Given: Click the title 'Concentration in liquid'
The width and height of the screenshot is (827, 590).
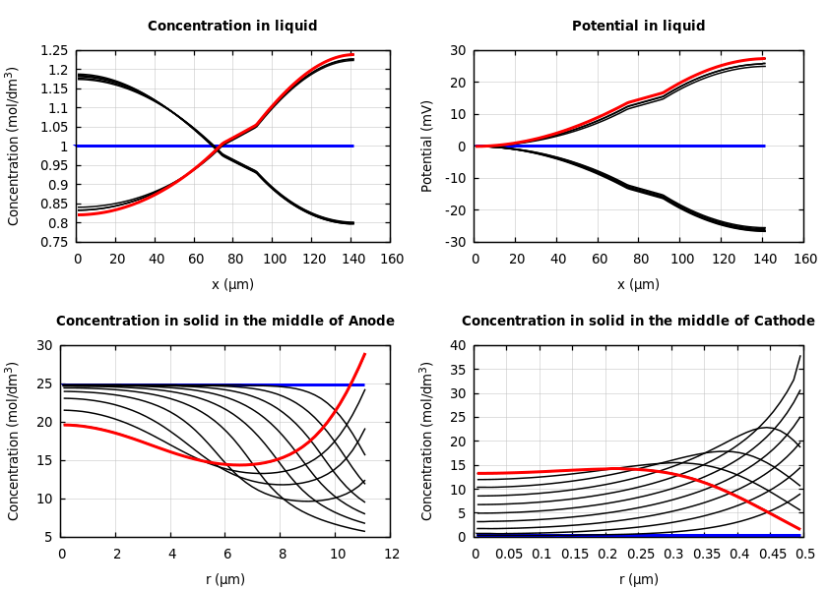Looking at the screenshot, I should pyautogui.click(x=232, y=27).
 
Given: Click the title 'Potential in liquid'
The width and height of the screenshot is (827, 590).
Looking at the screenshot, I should pyautogui.click(x=638, y=27).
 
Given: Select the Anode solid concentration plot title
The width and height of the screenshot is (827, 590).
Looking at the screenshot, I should pyautogui.click(x=224, y=322).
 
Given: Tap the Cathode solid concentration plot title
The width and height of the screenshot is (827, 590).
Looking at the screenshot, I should pyautogui.click(x=638, y=322).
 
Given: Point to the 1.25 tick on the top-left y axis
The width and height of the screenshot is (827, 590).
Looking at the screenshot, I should pyautogui.click(x=54, y=50).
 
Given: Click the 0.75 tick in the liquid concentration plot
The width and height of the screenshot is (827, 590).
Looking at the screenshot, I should pyautogui.click(x=54, y=242).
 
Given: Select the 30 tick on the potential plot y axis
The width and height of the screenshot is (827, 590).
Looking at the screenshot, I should pyautogui.click(x=458, y=50).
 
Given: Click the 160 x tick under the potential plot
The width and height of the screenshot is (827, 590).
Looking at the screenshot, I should pyautogui.click(x=804, y=260).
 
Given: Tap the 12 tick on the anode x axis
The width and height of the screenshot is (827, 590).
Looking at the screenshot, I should pyautogui.click(x=391, y=555).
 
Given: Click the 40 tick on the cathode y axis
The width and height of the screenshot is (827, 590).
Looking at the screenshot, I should pyautogui.click(x=458, y=345).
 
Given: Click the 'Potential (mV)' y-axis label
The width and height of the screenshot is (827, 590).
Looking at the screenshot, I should pyautogui.click(x=427, y=146).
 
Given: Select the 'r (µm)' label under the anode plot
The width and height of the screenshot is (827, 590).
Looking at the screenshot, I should pyautogui.click(x=224, y=579).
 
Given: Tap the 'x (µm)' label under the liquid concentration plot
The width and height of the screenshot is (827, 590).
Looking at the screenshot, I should pyautogui.click(x=232, y=284).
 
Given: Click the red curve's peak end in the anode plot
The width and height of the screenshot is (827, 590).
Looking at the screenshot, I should pyautogui.click(x=365, y=354).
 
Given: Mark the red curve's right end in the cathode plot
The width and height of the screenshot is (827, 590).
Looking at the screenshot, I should pyautogui.click(x=799, y=529).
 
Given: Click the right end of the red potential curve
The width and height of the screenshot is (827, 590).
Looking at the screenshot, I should pyautogui.click(x=765, y=58).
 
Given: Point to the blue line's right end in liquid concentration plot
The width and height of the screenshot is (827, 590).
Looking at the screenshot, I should pyautogui.click(x=352, y=146).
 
